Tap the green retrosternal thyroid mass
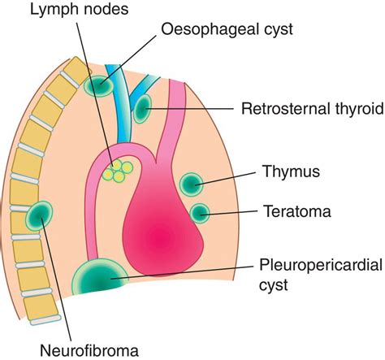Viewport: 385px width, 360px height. tap(143, 106)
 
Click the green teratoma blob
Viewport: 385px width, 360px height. tap(200, 214)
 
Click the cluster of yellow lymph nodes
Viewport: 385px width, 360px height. tap(123, 171)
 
